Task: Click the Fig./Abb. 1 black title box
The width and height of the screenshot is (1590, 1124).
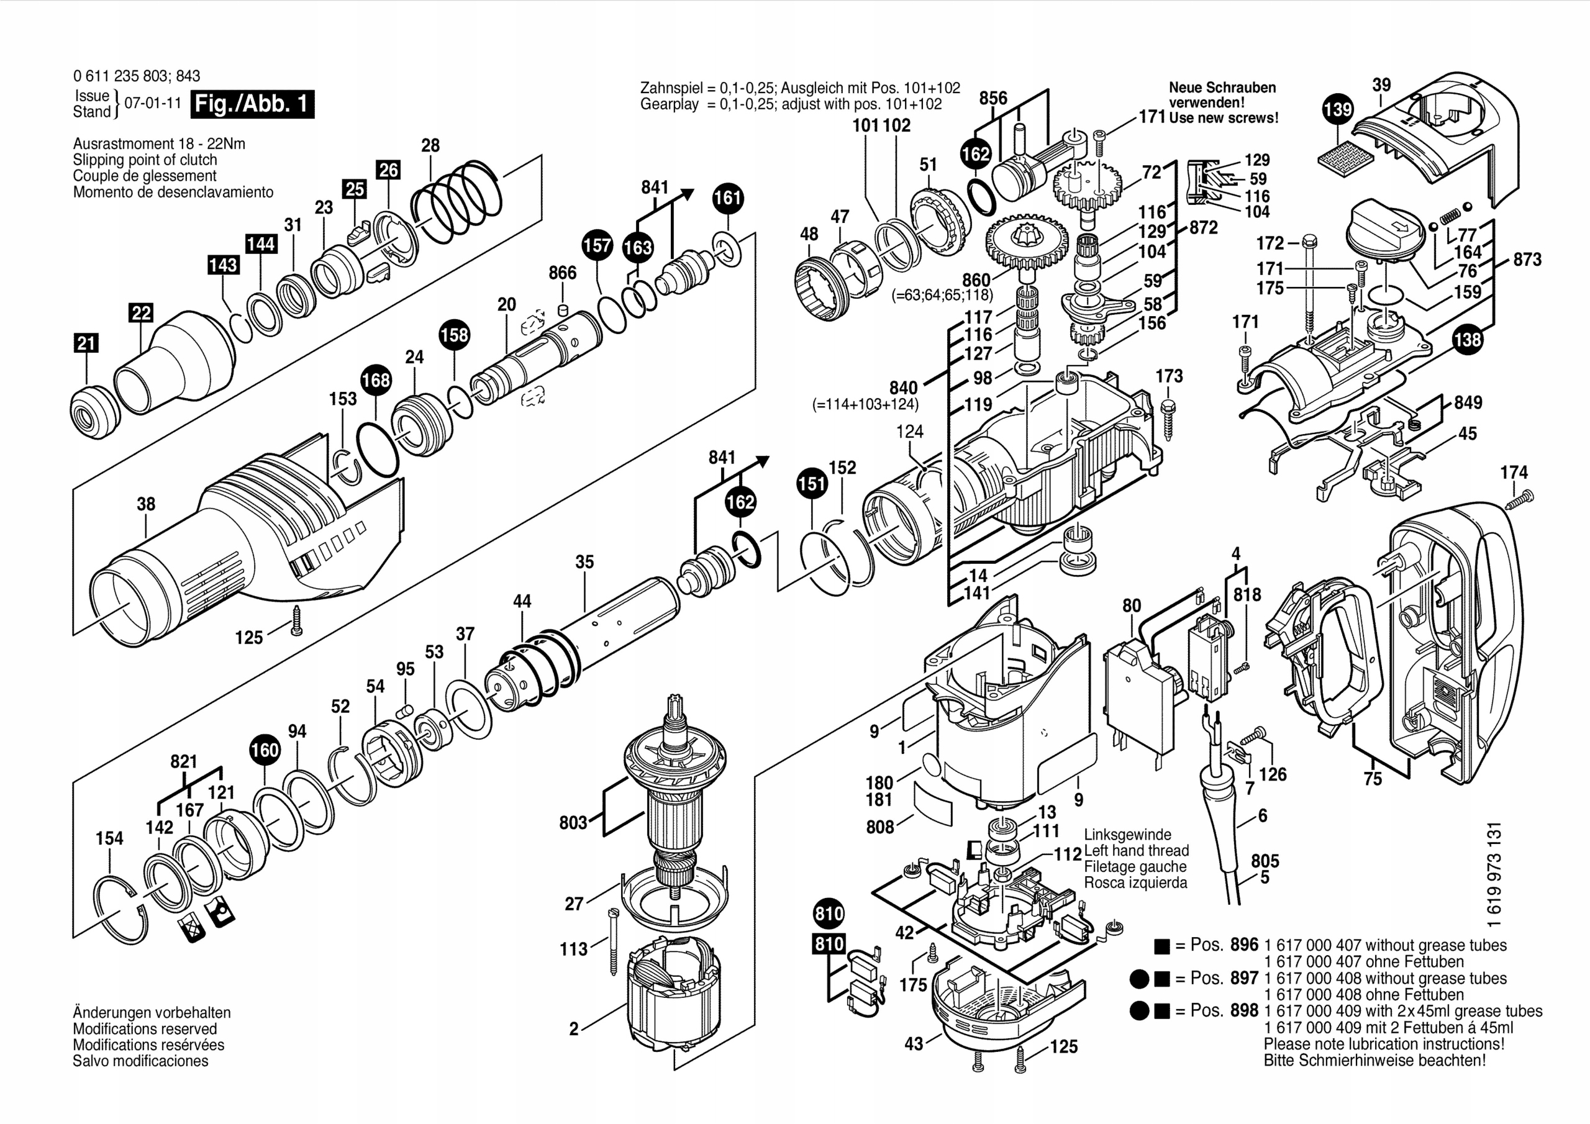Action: coord(252,104)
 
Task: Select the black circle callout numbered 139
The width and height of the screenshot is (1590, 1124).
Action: coord(1337,109)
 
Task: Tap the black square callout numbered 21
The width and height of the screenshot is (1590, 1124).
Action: coord(86,343)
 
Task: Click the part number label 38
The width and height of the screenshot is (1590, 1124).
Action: coord(145,504)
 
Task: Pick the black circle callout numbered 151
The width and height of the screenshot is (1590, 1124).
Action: coord(812,483)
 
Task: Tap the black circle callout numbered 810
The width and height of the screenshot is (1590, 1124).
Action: coord(829,913)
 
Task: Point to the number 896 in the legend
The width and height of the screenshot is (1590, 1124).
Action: coord(1244,945)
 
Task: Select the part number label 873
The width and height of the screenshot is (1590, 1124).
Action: coord(1527,260)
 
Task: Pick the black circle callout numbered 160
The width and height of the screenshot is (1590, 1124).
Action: coord(265,750)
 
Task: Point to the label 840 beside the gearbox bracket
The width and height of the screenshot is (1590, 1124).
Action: coord(903,388)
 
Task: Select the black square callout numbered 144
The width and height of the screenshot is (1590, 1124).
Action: coord(260,244)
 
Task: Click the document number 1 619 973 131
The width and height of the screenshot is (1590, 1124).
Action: coord(1494,875)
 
